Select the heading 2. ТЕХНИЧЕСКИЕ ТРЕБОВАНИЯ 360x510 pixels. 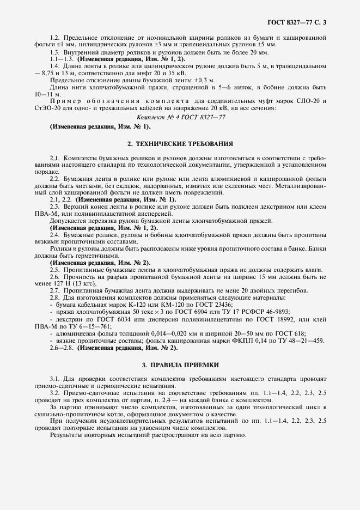(x=180, y=144)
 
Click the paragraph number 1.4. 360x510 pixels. (x=55, y=65)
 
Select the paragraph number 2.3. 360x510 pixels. (x=55, y=207)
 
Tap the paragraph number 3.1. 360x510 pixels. (x=55, y=378)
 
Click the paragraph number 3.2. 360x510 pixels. (x=55, y=392)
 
